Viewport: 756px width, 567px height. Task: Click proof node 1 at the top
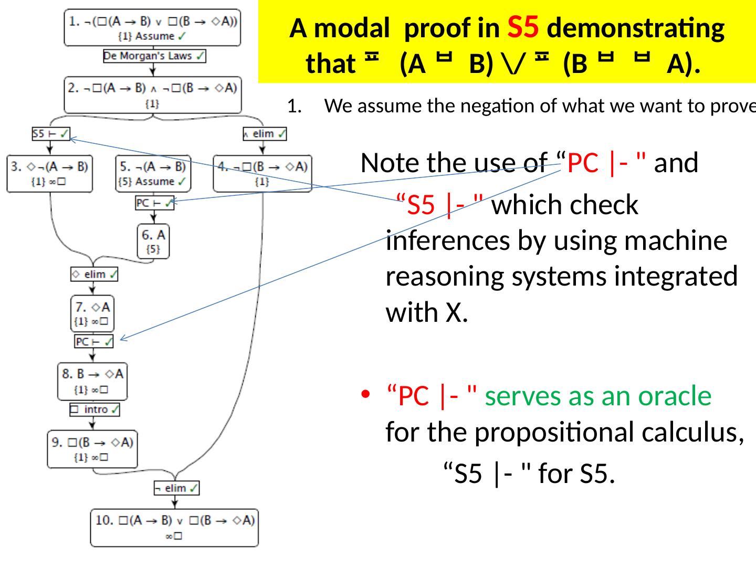click(152, 27)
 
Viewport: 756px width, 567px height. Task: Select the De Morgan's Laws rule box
click(154, 56)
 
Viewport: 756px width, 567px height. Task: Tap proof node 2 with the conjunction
click(152, 94)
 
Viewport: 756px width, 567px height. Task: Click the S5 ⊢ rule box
click(51, 134)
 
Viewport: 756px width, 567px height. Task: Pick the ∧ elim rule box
click(265, 134)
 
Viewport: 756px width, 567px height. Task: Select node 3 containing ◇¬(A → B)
click(50, 173)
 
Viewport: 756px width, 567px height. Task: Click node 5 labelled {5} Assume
click(153, 173)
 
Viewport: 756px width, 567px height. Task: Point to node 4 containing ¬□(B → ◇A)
click(262, 173)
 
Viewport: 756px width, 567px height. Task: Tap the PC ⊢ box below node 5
click(154, 203)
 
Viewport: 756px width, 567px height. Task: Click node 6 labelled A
click(153, 241)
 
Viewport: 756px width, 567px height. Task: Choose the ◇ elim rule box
click(94, 274)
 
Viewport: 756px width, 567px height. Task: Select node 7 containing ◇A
click(92, 313)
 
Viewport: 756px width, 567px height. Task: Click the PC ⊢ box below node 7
click(93, 341)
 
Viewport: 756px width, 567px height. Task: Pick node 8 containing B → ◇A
click(92, 381)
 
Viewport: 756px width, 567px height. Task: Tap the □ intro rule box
click(95, 409)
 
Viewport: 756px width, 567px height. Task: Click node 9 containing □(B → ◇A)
click(92, 449)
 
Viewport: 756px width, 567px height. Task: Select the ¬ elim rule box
click(176, 488)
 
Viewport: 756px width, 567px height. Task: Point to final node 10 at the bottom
click(174, 528)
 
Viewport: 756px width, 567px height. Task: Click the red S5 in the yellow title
click(523, 28)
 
